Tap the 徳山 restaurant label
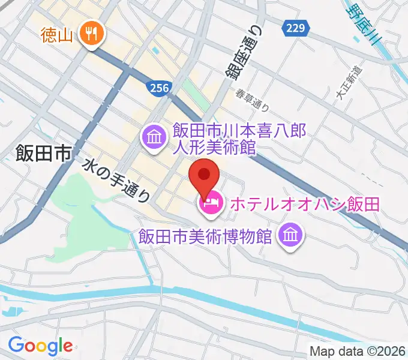(57, 35)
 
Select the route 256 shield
(157, 88)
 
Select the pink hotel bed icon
(211, 205)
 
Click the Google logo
(40, 346)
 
